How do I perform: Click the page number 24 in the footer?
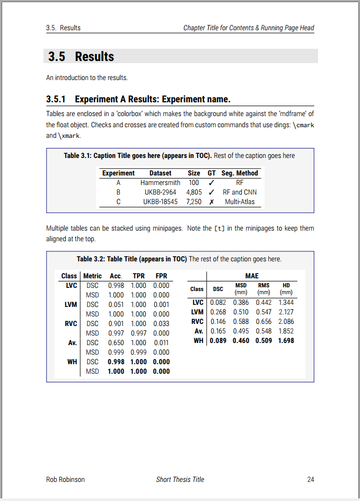[x=311, y=480]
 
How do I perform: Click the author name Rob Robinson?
[x=65, y=480]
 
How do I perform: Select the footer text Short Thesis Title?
[x=180, y=480]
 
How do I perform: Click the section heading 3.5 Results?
[x=81, y=57]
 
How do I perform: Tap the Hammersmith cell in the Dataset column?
[x=160, y=183]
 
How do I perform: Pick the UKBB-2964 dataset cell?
[x=160, y=192]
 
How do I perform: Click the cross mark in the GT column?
[x=212, y=202]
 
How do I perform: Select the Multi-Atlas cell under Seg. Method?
[x=240, y=202]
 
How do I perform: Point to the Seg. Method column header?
[x=240, y=173]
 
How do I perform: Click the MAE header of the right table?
[x=252, y=276]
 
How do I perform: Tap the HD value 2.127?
[x=286, y=312]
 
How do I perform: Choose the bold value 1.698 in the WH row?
[x=286, y=340]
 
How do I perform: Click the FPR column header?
[x=161, y=276]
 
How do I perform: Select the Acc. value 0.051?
[x=116, y=305]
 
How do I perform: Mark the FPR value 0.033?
[x=161, y=324]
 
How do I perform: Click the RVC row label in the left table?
[x=71, y=324]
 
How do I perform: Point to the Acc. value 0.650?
[x=116, y=343]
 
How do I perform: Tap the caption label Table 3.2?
[x=90, y=259]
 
